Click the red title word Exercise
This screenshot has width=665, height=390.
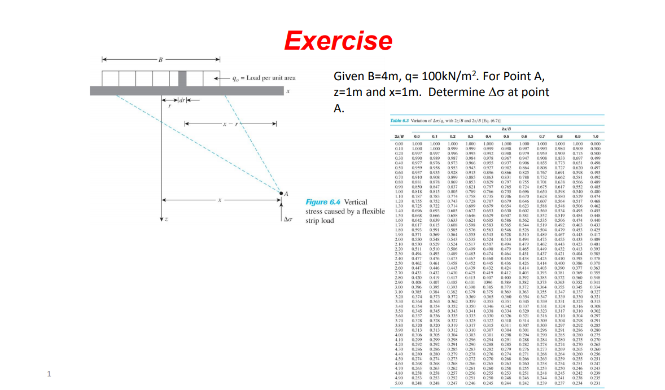point(338,40)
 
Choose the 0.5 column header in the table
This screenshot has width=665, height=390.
point(506,136)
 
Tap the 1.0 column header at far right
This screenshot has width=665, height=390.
point(594,136)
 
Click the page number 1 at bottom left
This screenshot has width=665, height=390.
point(50,373)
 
